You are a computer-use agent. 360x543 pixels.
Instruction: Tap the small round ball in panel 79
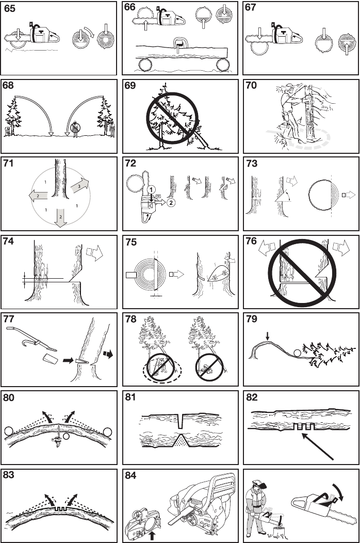[x=296, y=353]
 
